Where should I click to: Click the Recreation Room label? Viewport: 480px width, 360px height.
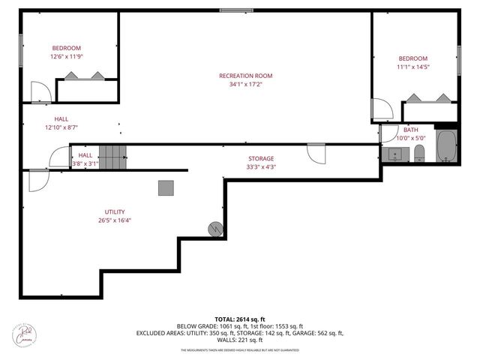245,76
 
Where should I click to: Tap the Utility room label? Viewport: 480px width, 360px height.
115,211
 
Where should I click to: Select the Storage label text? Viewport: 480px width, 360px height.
262,158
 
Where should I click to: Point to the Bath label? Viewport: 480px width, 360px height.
410,130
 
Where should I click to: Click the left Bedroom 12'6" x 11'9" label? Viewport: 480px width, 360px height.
66,48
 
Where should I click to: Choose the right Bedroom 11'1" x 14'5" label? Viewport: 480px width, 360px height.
412,59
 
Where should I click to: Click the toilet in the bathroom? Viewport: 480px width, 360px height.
419,154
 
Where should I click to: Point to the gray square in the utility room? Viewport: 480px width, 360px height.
166,187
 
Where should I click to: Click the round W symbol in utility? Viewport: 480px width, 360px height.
216,228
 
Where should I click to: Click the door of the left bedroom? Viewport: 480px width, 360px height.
41,92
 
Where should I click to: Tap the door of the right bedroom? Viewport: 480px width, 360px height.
382,109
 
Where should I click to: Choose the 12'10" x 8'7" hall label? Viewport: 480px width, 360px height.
61,123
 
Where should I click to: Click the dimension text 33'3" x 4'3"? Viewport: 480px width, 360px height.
262,167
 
